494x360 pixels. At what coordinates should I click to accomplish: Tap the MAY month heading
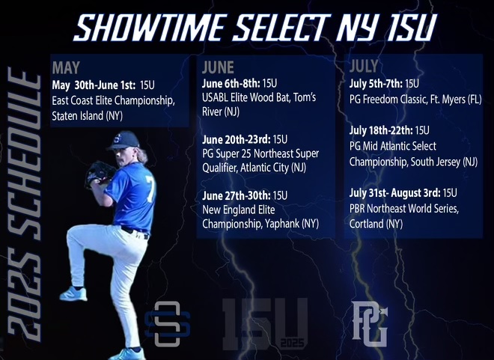tap(66, 67)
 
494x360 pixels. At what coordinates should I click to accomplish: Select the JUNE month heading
tap(218, 67)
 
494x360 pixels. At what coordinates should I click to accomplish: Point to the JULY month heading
tap(364, 66)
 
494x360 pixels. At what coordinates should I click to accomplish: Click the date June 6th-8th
tap(231, 84)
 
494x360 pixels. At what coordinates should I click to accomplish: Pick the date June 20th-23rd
tap(237, 139)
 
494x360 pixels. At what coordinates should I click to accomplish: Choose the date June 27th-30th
tap(237, 195)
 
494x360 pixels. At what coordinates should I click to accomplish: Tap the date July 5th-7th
tap(376, 84)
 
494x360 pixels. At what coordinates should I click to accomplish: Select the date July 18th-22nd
tap(381, 130)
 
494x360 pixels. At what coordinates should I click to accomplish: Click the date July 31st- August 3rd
tap(394, 193)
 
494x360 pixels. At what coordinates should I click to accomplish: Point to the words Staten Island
tap(78, 116)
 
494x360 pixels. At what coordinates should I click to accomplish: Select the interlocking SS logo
tap(168, 324)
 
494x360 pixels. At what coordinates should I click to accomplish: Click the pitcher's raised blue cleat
tap(73, 293)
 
